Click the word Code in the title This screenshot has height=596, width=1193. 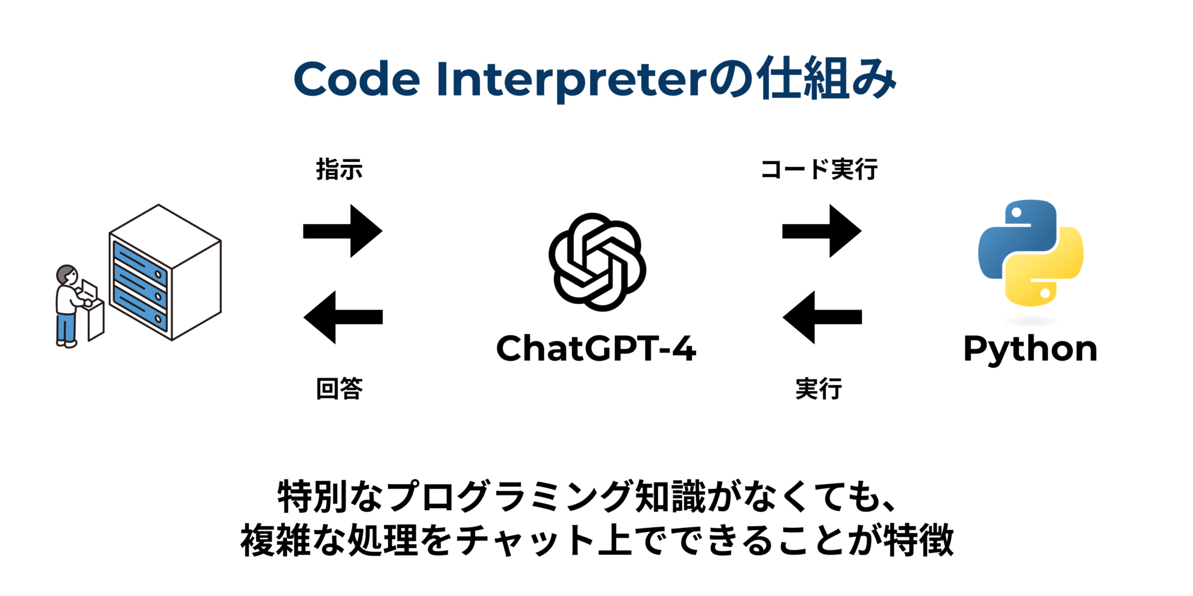pyautogui.click(x=357, y=79)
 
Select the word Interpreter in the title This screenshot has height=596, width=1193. pyautogui.click(x=571, y=80)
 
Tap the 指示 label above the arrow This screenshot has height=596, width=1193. pyautogui.click(x=339, y=169)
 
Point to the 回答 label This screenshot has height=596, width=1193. pyautogui.click(x=339, y=388)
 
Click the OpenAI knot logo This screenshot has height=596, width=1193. pyautogui.click(x=597, y=262)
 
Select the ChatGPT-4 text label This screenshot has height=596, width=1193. pyautogui.click(x=596, y=349)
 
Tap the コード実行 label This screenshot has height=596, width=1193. pyautogui.click(x=819, y=169)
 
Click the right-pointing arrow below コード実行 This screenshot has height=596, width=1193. pyautogui.click(x=821, y=231)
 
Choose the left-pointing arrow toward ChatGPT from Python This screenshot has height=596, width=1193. pyautogui.click(x=821, y=317)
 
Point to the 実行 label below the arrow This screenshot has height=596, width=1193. pyautogui.click(x=818, y=388)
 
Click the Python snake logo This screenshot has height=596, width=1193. pyautogui.click(x=1030, y=253)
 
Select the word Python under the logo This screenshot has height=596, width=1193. pyautogui.click(x=1030, y=349)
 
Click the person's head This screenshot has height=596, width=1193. pyautogui.click(x=66, y=275)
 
